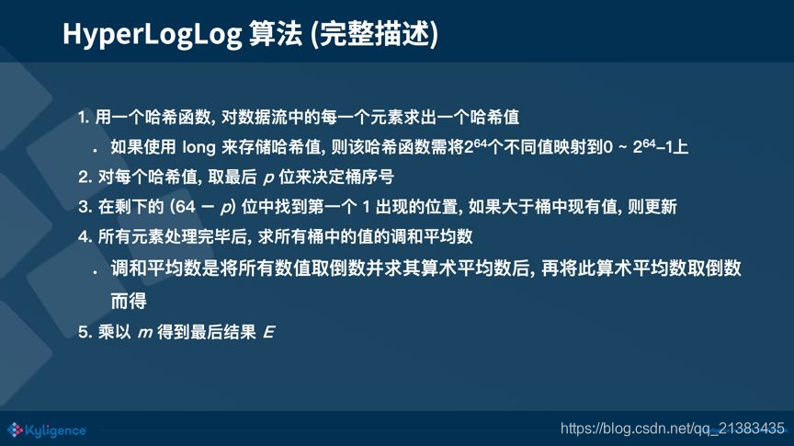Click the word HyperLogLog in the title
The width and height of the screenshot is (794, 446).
[x=152, y=35]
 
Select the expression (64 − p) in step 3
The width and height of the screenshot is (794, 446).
[x=198, y=207]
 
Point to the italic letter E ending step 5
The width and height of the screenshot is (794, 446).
[x=268, y=332]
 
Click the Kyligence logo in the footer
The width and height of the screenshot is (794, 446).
[x=47, y=429]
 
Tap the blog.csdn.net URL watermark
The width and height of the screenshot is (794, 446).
[x=672, y=428]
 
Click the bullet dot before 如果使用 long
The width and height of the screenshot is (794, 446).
[x=94, y=149]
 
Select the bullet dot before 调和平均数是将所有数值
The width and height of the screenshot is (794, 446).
[x=94, y=272]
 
